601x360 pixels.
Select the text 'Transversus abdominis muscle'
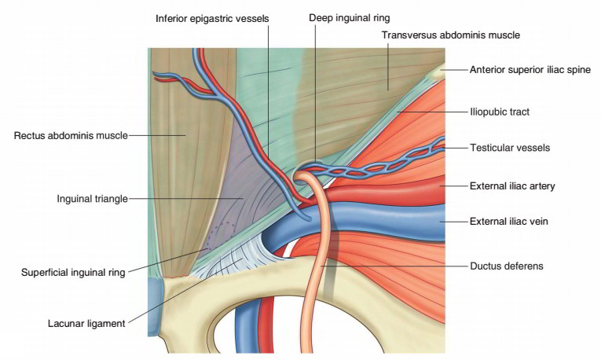(450, 35)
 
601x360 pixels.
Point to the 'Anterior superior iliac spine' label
(530, 70)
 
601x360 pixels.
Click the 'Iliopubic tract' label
(499, 112)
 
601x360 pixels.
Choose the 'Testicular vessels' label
(509, 147)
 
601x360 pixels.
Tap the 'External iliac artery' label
(512, 186)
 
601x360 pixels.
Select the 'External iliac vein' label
(508, 222)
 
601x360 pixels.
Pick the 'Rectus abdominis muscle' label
(70, 136)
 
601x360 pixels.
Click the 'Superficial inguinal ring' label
(73, 273)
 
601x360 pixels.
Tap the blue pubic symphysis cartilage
(154, 303)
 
